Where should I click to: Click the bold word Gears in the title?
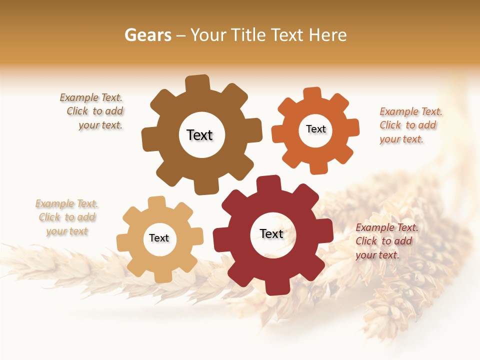(x=147, y=35)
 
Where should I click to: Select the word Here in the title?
(x=327, y=35)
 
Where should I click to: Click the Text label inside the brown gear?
(x=199, y=135)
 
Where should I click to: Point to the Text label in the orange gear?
(x=315, y=129)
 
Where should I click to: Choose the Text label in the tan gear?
(x=159, y=238)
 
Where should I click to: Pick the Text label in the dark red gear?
(x=271, y=233)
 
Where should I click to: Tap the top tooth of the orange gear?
(x=312, y=94)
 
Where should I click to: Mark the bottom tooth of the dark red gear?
(x=276, y=287)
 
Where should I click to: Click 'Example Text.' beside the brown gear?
(x=91, y=98)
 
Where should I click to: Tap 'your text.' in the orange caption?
(x=401, y=139)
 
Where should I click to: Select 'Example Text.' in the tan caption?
(x=66, y=204)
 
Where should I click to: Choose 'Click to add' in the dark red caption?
(x=383, y=241)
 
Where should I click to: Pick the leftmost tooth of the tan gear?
(x=123, y=242)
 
